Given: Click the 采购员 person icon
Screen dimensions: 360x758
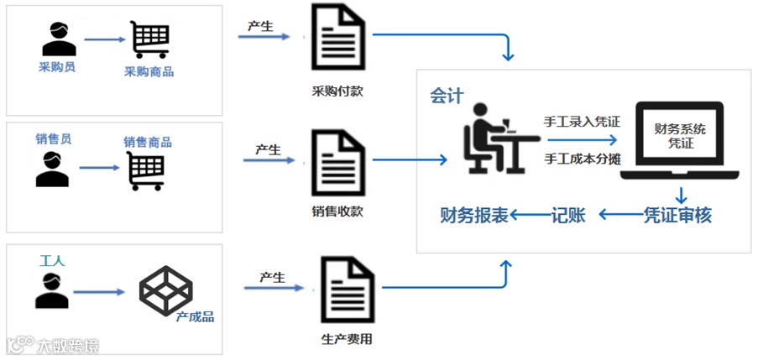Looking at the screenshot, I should [57, 39].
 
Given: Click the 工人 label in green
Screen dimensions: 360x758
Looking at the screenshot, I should [52, 261].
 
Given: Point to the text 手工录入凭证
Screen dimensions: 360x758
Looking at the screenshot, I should [582, 122].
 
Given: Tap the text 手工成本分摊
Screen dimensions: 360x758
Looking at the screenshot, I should [582, 158].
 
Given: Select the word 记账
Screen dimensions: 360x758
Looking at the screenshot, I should [573, 215].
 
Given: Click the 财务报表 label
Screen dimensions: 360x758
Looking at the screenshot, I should [474, 215].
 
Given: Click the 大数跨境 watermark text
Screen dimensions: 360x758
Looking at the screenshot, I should [67, 345].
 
